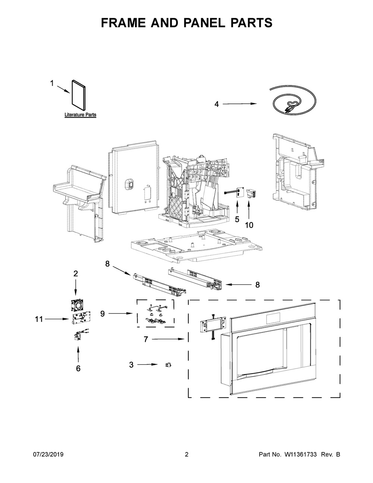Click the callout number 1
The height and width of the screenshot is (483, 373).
coord(52,84)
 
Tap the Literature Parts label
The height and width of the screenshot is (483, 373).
coord(80,115)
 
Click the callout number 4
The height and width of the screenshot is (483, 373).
coord(216,105)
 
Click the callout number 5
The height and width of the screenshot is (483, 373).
coord(237,219)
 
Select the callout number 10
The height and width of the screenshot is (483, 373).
coord(249,225)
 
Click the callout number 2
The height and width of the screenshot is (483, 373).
coord(76,274)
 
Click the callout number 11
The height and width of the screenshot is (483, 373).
coord(39,319)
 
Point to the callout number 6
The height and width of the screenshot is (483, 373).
coord(78,368)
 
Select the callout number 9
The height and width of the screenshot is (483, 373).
coord(102,314)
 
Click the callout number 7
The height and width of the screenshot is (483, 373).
coord(146,339)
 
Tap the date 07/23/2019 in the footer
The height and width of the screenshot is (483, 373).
coord(48,455)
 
